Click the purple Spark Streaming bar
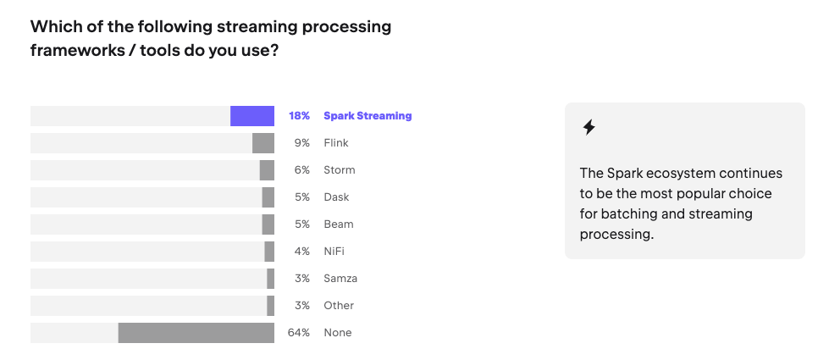point(252,116)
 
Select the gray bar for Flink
point(263,143)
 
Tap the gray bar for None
point(196,333)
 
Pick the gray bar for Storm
point(267,170)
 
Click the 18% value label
point(299,116)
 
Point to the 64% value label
point(299,333)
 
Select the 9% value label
point(301,143)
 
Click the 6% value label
point(301,170)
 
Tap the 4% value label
point(301,252)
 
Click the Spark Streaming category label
point(368,116)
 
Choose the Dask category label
point(336,197)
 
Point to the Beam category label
point(338,224)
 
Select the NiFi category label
point(334,252)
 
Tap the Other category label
point(339,306)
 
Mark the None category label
point(337,333)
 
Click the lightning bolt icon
point(589,128)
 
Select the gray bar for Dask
point(268,197)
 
